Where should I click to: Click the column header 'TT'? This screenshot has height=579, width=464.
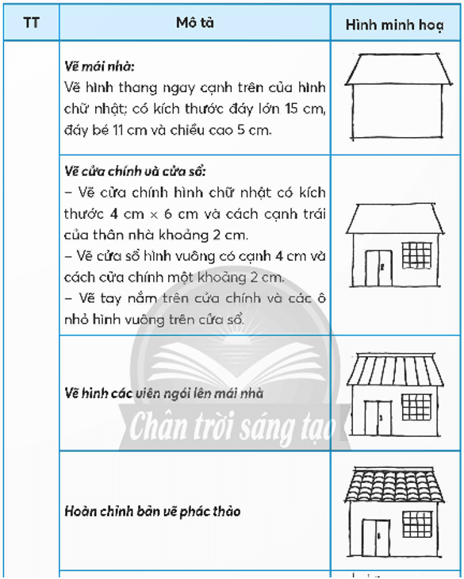pyautogui.click(x=32, y=23)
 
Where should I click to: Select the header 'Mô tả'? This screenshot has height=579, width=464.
pyautogui.click(x=194, y=23)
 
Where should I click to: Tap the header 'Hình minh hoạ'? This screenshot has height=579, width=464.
pyautogui.click(x=395, y=25)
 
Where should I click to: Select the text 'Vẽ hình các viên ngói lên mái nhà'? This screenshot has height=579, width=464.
pyautogui.click(x=164, y=393)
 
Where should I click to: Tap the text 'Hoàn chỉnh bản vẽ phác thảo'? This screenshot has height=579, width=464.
pyautogui.click(x=152, y=512)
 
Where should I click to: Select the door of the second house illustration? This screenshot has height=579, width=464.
pyautogui.click(x=378, y=267)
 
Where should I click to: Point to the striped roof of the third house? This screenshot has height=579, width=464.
pyautogui.click(x=395, y=369)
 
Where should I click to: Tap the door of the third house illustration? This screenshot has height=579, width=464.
pyautogui.click(x=378, y=419)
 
